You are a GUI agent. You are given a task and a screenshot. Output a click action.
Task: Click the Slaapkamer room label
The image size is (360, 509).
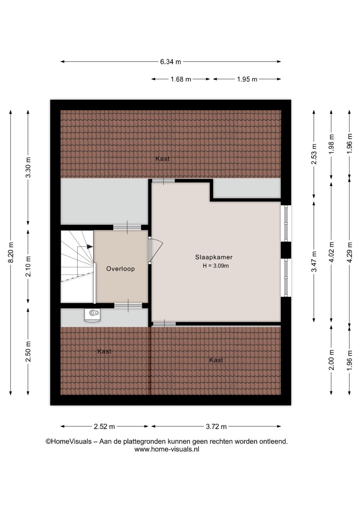click(214, 257)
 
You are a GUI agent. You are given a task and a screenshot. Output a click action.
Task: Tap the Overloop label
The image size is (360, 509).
click(120, 269)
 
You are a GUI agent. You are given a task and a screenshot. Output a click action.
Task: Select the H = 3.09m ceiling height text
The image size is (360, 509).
click(216, 266)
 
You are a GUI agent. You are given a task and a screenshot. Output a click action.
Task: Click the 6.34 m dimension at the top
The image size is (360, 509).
click(170, 62)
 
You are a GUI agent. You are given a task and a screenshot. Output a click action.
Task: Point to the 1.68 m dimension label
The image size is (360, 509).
click(181, 79)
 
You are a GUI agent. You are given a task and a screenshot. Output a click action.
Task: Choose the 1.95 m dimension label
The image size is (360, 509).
click(247, 79)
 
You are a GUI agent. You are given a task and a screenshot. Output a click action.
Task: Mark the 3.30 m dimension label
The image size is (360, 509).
click(28, 167)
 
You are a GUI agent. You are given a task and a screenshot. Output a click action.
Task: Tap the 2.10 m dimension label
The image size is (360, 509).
click(28, 266)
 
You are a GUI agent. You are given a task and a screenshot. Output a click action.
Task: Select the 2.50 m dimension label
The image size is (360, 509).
click(28, 351)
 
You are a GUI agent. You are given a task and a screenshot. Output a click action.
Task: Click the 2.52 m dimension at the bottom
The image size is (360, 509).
click(104, 426)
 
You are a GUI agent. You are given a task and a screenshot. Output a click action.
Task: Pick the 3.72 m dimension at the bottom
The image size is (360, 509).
click(216, 426)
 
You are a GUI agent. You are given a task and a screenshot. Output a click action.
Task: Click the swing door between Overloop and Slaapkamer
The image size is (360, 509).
click(155, 250)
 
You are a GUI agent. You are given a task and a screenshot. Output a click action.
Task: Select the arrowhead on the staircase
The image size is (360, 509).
click(90, 246)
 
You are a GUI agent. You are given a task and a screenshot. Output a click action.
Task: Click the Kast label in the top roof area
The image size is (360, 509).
click(162, 159)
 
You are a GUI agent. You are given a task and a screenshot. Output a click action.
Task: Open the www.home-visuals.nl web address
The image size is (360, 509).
click(167, 449)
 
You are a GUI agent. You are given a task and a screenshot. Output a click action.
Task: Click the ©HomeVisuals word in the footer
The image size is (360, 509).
click(68, 441)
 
